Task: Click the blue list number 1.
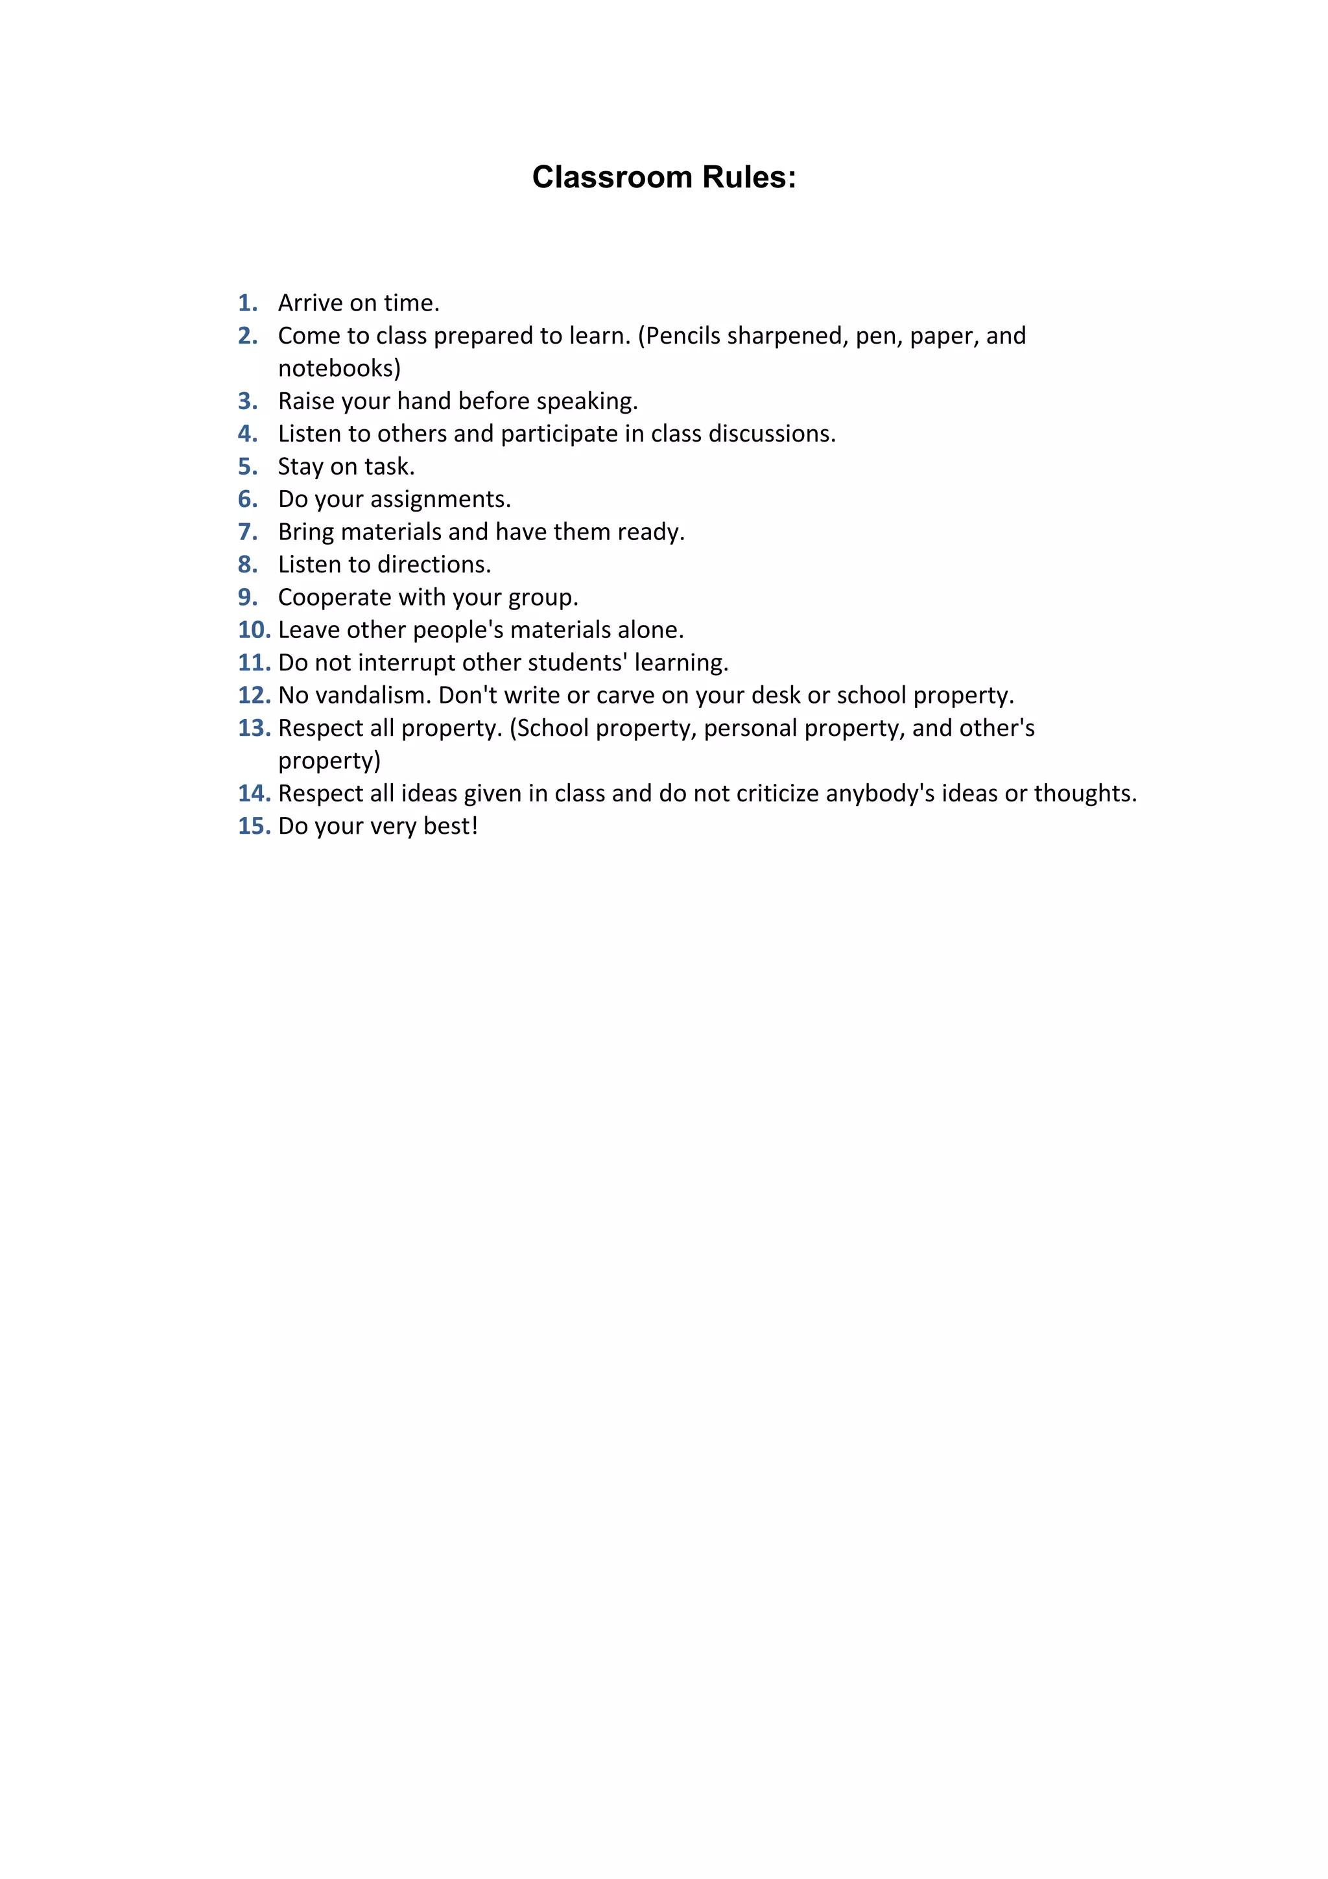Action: (247, 303)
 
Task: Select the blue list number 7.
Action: (247, 532)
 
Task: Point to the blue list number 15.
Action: (254, 826)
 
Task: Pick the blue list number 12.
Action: (254, 695)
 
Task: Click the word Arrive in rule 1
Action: (310, 303)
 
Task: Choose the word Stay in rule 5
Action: (300, 466)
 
